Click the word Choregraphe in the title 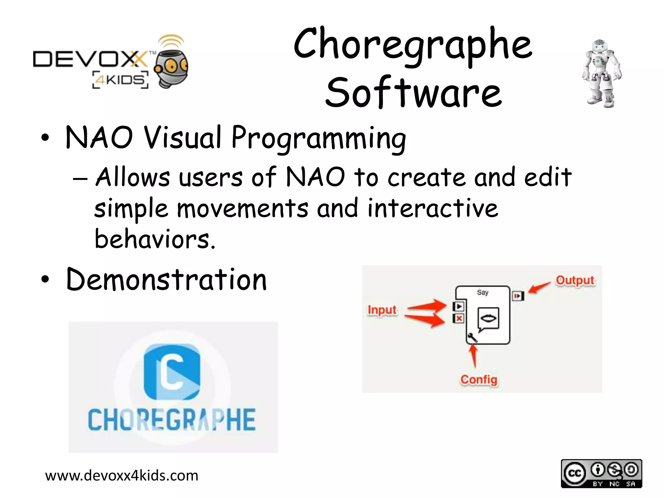click(413, 45)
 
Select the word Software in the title click(413, 92)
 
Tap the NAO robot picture click(601, 74)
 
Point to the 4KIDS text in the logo click(121, 80)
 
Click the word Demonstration click(166, 279)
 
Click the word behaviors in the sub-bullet click(155, 239)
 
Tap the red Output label click(575, 280)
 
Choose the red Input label click(382, 310)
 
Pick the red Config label click(479, 379)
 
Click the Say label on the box click(482, 292)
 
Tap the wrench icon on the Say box click(472, 338)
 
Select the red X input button click(459, 319)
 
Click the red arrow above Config click(474, 356)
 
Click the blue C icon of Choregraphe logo click(172, 372)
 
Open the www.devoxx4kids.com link click(122, 476)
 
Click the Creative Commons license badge click(601, 473)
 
